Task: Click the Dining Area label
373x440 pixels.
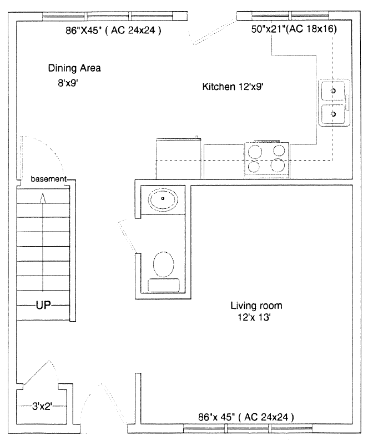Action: pyautogui.click(x=74, y=68)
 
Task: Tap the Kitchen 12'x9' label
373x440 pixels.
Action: pyautogui.click(x=233, y=87)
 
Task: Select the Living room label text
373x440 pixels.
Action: pyautogui.click(x=256, y=306)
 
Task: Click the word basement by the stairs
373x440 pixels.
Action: pyautogui.click(x=49, y=179)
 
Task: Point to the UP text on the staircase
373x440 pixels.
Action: pyautogui.click(x=43, y=305)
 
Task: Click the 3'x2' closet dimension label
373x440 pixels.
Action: pyautogui.click(x=42, y=406)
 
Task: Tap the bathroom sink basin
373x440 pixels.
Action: pyautogui.click(x=163, y=199)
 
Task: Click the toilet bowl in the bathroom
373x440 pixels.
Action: pyautogui.click(x=164, y=264)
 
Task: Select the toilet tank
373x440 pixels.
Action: pyautogui.click(x=164, y=286)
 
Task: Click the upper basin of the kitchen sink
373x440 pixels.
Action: pyautogui.click(x=333, y=91)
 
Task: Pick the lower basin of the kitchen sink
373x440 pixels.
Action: pyautogui.click(x=333, y=114)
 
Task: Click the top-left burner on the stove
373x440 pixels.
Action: pyautogui.click(x=255, y=152)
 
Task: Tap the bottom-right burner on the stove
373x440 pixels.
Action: pyautogui.click(x=278, y=166)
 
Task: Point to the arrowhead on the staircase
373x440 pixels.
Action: pyautogui.click(x=43, y=198)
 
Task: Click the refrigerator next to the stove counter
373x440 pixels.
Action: pyautogui.click(x=179, y=158)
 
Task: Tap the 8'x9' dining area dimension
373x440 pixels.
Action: pyautogui.click(x=68, y=83)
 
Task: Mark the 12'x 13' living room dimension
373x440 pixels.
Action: pyautogui.click(x=254, y=317)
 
